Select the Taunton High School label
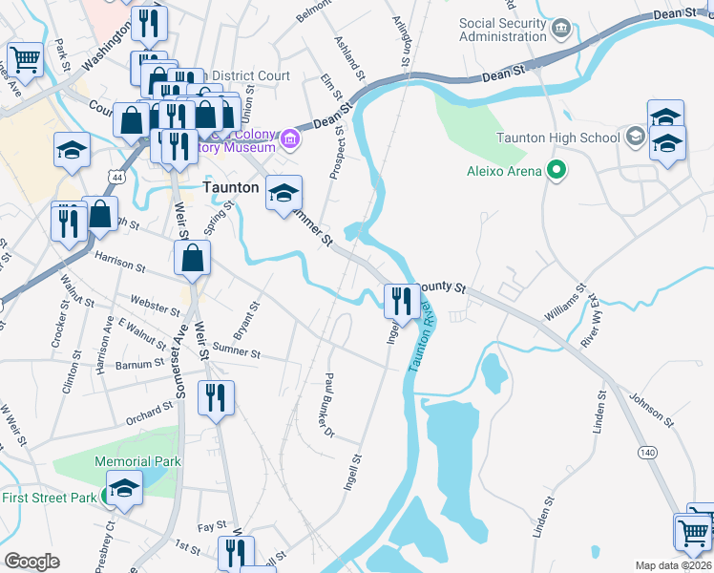(558, 138)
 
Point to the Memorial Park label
(137, 461)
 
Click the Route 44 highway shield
(116, 178)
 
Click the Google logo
(31, 562)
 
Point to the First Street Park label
(50, 497)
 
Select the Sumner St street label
(236, 352)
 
